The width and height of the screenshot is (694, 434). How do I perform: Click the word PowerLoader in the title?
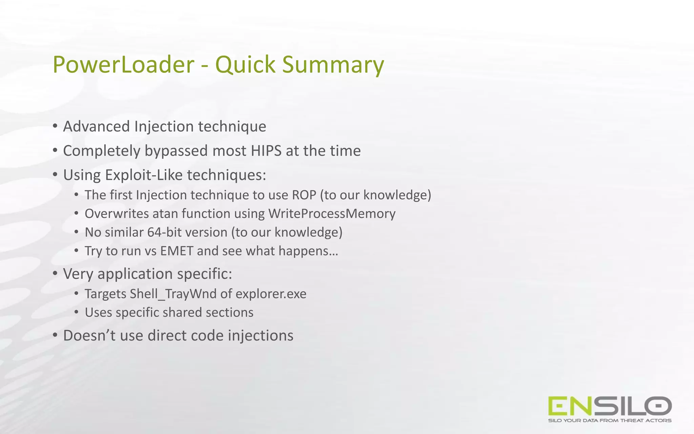123,64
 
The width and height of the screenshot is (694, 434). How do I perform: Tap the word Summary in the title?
333,64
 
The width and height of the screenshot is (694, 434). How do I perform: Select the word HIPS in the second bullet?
266,151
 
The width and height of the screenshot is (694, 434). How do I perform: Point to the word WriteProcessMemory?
332,214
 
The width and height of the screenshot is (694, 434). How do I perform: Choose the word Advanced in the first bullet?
96,126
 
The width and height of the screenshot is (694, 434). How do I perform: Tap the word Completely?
102,151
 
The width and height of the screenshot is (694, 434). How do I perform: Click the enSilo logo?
610,406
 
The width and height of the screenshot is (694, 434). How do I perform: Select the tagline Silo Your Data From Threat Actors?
610,421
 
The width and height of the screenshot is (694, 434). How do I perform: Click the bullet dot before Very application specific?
55,273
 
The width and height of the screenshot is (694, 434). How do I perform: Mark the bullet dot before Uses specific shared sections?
77,312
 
